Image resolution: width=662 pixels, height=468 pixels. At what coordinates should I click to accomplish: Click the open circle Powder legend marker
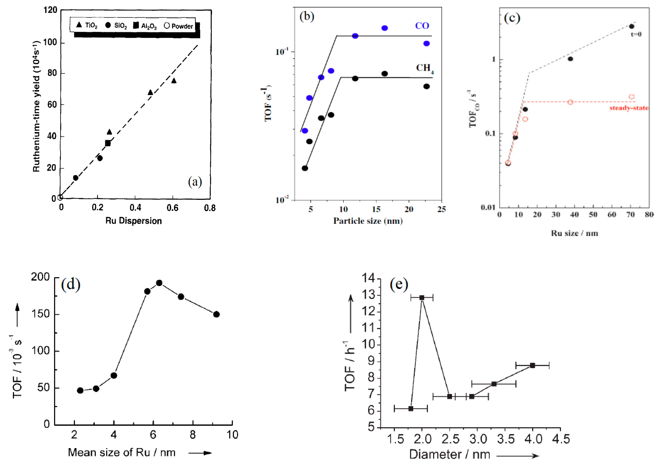166,26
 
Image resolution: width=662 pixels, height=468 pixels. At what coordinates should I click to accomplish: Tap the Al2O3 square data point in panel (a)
108,143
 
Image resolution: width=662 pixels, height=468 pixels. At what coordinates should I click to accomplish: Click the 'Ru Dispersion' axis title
134,221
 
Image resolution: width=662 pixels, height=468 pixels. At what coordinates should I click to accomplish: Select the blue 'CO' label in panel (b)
422,26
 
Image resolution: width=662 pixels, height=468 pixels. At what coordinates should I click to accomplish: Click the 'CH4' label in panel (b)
424,68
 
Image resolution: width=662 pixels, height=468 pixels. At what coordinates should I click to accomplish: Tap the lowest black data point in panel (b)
305,168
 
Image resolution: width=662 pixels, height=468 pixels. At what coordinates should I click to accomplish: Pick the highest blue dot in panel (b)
385,28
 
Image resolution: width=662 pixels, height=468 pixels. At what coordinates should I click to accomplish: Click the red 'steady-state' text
629,108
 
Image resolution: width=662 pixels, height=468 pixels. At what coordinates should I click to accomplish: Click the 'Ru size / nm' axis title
574,233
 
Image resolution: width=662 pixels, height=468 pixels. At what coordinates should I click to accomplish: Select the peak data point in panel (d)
159,283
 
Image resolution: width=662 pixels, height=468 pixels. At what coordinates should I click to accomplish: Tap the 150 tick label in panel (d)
41,314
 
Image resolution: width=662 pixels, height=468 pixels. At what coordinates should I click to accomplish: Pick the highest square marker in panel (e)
422,298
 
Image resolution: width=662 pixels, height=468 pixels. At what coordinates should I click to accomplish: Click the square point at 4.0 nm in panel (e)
532,365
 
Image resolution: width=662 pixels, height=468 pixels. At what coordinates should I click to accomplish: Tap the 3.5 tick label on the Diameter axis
505,439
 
